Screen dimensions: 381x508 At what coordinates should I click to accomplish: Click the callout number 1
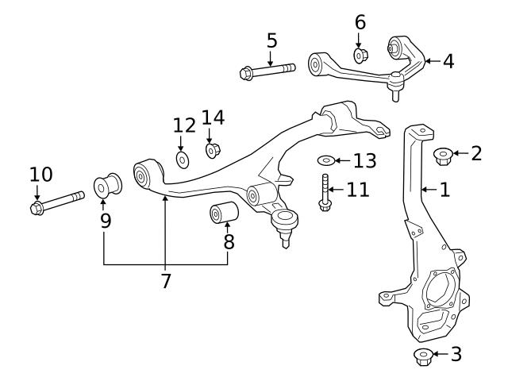tap(445, 190)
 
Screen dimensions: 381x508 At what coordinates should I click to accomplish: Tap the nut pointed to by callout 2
tap(443, 156)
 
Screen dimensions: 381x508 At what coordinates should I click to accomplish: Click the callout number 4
tap(448, 61)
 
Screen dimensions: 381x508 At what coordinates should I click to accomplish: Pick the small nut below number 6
tap(359, 56)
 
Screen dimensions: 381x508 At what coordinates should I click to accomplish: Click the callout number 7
tap(165, 280)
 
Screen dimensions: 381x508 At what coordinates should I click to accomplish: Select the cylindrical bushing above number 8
tap(223, 213)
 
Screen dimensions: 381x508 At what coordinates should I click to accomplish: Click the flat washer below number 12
tap(182, 160)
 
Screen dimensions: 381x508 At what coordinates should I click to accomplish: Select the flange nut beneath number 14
tap(213, 149)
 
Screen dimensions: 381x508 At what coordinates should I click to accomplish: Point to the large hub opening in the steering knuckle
tap(439, 290)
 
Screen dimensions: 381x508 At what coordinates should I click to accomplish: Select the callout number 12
tap(183, 125)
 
